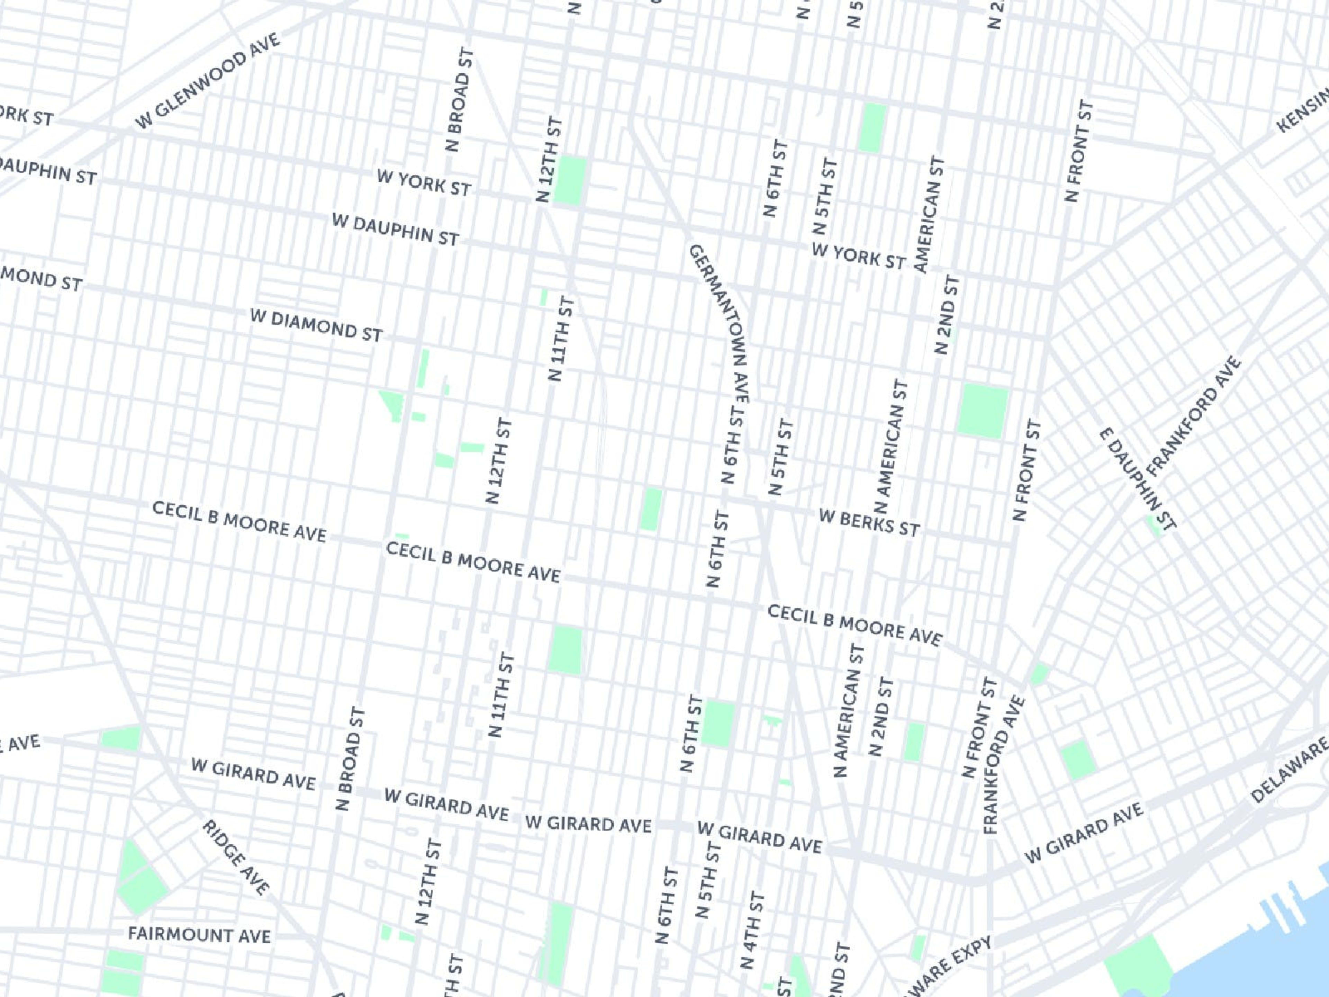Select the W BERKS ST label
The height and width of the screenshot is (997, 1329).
(869, 523)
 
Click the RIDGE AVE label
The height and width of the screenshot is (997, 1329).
(236, 856)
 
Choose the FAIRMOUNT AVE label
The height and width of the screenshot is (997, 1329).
(199, 934)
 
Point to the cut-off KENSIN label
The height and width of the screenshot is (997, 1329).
(1304, 111)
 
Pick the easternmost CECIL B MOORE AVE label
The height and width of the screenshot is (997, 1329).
(855, 625)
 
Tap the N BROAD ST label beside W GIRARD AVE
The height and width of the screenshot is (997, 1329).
(350, 758)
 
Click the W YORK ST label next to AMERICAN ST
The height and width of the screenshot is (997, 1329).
(858, 256)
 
